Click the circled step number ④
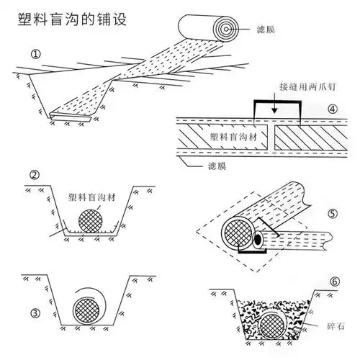pos(332,109)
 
